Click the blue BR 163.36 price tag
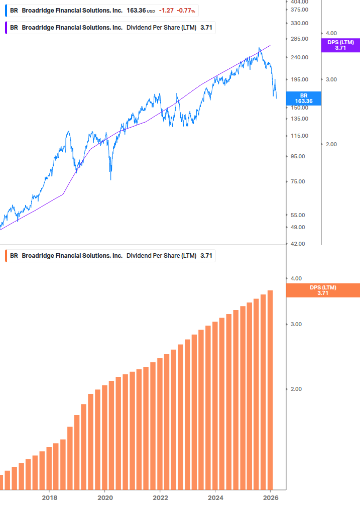[303, 98]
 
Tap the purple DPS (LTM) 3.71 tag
[340, 45]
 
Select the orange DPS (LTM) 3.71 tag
[322, 290]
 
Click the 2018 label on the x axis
[49, 497]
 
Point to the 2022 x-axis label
[160, 497]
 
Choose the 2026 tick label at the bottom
[270, 497]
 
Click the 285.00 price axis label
[299, 39]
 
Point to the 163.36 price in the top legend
[136, 11]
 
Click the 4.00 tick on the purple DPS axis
[331, 33]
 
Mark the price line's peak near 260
[260, 48]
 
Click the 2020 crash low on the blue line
[110, 179]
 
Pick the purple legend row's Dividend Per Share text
[161, 28]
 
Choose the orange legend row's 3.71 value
[206, 256]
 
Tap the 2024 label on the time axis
[215, 497]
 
